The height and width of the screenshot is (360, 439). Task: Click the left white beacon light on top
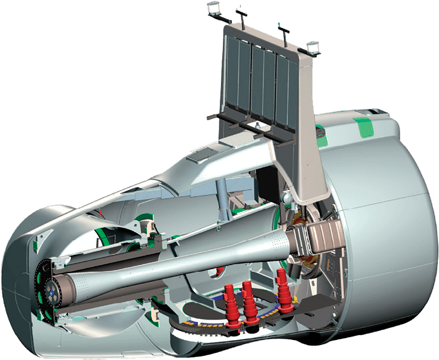[x=213, y=8]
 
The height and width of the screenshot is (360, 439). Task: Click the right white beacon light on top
[x=314, y=47]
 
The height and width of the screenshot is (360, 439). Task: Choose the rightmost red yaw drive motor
[x=281, y=287]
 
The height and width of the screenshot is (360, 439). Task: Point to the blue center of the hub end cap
[x=52, y=293]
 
